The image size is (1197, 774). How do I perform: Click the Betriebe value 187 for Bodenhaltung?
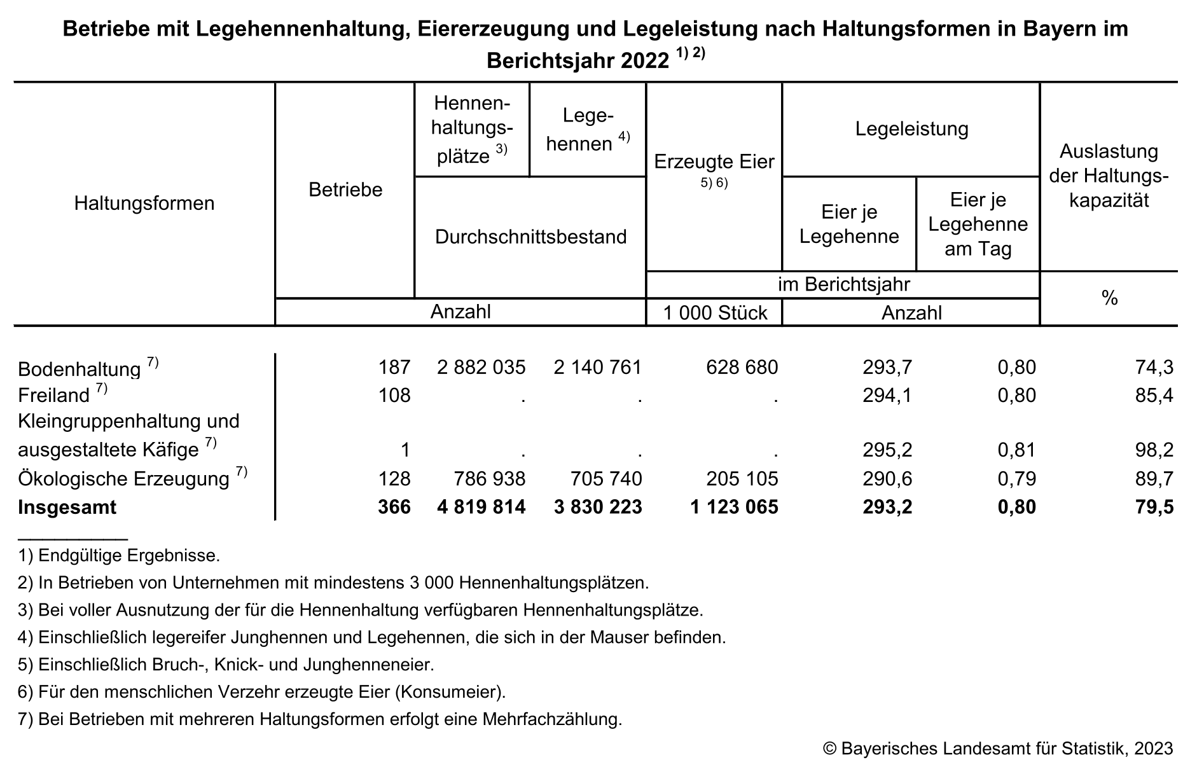(394, 367)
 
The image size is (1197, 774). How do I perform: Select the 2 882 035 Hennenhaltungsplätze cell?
(481, 367)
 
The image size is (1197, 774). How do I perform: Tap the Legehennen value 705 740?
(598, 478)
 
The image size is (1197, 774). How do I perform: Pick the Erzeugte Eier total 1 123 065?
(734, 507)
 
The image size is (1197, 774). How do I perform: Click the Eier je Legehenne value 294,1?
(887, 396)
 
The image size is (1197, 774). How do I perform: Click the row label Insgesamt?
(67, 508)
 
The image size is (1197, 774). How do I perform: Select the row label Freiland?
(54, 396)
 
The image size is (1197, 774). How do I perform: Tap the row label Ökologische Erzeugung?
(123, 479)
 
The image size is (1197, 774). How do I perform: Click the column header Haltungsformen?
(144, 204)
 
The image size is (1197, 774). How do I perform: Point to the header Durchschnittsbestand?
(530, 237)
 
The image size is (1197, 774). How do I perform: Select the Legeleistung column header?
(911, 129)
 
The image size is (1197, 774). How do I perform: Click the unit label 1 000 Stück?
(715, 313)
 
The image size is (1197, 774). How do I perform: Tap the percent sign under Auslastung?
(1110, 298)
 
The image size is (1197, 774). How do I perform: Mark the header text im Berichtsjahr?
(843, 284)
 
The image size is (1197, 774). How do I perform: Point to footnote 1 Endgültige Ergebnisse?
(120, 556)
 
